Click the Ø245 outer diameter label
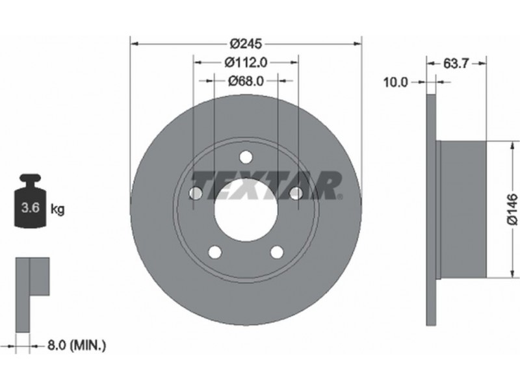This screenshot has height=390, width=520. click(x=246, y=43)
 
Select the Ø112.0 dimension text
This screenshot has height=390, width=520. click(x=246, y=62)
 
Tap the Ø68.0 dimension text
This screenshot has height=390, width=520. click(x=246, y=81)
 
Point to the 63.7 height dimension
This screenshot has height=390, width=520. click(x=456, y=62)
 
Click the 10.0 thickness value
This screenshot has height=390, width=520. click(x=395, y=82)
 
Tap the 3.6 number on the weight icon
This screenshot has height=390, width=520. click(x=30, y=208)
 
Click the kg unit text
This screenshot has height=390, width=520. click(x=57, y=209)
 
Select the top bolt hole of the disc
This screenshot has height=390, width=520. click(x=246, y=157)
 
